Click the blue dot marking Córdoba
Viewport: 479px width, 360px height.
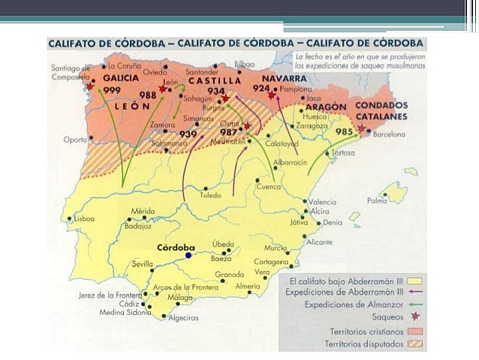click(188, 255)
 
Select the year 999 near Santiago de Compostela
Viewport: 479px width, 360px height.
click(112, 89)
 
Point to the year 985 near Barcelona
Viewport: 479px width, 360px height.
click(345, 132)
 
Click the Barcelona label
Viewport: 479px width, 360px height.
click(389, 135)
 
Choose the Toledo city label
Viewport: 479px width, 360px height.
click(210, 195)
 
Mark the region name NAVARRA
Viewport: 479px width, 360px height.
click(284, 78)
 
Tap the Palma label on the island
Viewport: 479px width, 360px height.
click(377, 201)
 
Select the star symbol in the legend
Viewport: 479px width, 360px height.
click(415, 317)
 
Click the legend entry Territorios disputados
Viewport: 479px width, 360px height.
click(363, 343)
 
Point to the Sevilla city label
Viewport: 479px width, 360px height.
click(142, 265)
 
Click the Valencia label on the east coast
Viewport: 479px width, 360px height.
click(323, 201)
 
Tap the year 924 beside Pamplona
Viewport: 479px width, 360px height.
click(261, 88)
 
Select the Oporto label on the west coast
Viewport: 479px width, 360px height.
click(75, 139)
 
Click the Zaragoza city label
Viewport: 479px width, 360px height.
click(312, 126)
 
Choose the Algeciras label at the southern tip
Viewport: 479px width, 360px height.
click(184, 317)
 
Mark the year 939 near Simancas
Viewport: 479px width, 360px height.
click(188, 134)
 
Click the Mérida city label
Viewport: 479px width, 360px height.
click(143, 211)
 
